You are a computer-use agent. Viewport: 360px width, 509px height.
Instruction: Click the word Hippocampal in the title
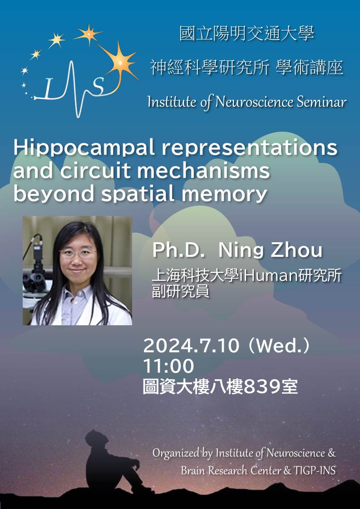[x=84, y=148]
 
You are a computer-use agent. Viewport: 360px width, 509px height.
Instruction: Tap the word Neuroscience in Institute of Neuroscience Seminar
[x=254, y=102]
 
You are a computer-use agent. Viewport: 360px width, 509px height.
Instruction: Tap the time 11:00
[x=168, y=366]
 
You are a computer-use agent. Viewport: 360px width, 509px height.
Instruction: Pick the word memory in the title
[x=224, y=194]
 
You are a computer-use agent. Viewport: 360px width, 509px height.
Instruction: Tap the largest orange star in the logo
[x=121, y=62]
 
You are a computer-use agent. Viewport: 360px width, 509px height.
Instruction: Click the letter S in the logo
[x=98, y=87]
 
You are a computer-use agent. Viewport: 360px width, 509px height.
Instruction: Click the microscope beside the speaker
[x=36, y=266]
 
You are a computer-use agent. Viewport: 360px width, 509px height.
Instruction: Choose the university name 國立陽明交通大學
[x=247, y=34]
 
